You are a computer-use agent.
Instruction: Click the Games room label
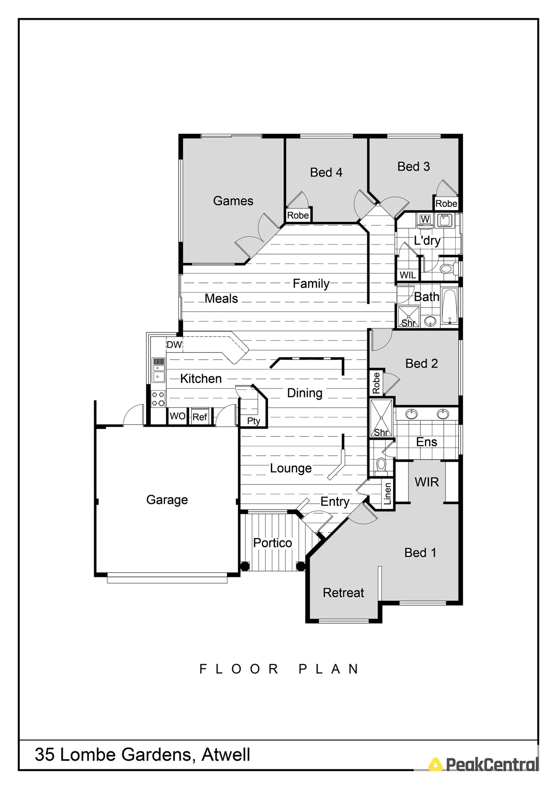(233, 201)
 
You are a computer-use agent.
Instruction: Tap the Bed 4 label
(326, 173)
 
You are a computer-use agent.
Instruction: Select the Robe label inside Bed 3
(446, 204)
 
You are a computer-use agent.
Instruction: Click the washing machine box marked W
(425, 219)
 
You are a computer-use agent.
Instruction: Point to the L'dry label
(427, 240)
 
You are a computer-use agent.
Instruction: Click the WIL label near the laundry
(408, 275)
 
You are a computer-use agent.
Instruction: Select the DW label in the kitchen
(174, 345)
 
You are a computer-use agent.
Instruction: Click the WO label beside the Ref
(178, 416)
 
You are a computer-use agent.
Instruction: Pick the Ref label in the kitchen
(200, 417)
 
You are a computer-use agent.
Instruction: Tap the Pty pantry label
(253, 421)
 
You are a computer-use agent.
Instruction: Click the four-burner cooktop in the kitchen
(158, 399)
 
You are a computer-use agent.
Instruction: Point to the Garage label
(167, 500)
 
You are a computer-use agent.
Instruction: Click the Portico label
(273, 543)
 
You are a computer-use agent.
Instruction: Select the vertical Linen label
(387, 494)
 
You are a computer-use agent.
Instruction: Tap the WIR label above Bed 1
(427, 482)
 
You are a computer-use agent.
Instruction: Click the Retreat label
(344, 593)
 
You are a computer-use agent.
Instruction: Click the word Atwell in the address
(226, 755)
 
